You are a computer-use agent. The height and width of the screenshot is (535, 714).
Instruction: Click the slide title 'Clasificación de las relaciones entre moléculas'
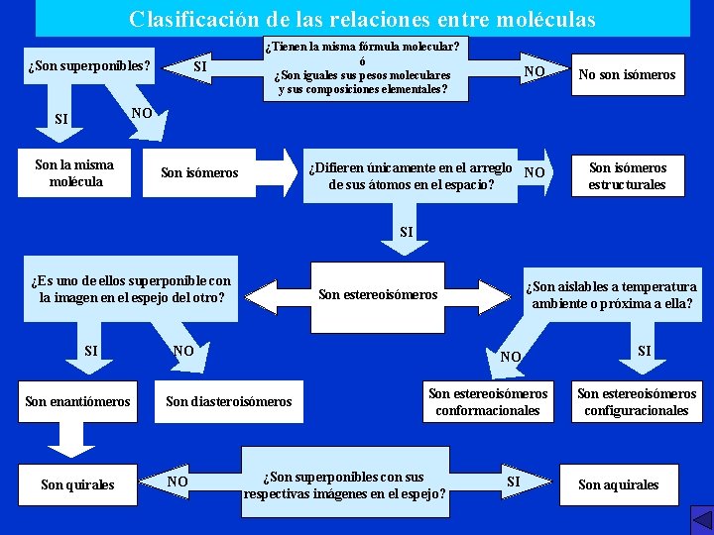[362, 19]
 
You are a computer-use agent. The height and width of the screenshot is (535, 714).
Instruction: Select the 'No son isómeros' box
[627, 74]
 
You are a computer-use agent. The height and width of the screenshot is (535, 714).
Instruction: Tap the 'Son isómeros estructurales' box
[627, 176]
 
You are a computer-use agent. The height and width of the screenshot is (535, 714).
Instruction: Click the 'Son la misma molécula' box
[74, 173]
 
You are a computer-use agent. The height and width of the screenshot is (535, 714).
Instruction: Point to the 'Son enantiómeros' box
[77, 401]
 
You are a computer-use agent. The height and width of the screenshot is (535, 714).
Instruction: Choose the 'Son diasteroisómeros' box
[229, 401]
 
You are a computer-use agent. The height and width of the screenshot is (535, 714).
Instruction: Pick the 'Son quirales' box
[77, 484]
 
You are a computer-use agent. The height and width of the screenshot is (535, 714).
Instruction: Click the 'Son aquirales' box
[618, 484]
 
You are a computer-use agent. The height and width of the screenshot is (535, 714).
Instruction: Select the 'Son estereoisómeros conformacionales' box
[488, 401]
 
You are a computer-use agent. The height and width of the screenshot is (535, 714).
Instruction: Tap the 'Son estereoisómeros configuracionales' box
[637, 401]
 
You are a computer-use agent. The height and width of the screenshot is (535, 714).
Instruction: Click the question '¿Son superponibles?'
[89, 67]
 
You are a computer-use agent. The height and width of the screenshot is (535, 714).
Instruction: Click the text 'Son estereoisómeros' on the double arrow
[378, 294]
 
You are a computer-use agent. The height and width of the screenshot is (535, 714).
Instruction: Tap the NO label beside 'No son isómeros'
[535, 71]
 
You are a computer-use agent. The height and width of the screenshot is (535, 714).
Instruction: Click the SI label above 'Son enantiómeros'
[91, 351]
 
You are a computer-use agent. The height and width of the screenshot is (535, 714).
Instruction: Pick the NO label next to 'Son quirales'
[178, 481]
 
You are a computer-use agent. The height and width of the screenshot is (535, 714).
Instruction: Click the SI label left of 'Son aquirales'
[514, 481]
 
